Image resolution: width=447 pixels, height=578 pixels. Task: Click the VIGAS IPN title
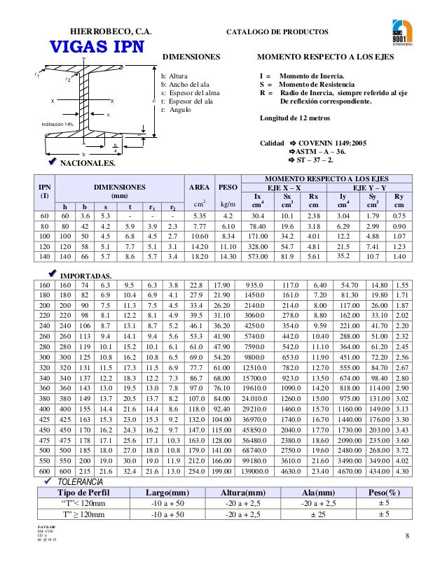(95, 47)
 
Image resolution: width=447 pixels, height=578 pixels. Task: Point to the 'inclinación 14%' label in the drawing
(57, 124)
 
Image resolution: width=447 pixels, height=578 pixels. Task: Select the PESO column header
(227, 188)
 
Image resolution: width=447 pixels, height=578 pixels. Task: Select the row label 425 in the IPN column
(44, 418)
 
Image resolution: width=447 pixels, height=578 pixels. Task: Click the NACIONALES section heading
(88, 164)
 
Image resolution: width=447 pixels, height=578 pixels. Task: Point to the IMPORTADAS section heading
(89, 276)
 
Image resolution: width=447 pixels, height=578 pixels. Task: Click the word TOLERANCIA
(79, 483)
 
